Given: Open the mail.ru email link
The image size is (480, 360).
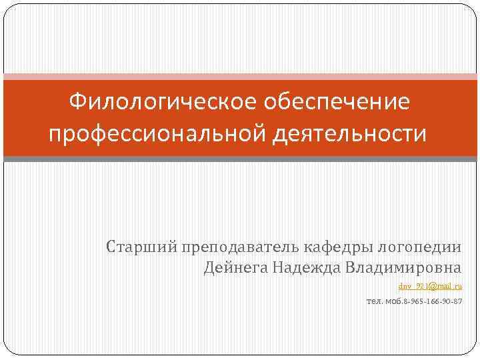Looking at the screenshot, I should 430,286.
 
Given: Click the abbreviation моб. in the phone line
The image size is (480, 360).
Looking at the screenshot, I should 395,302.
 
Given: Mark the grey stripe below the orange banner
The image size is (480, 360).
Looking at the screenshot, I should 240,159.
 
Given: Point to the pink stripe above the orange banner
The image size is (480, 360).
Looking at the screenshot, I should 240,76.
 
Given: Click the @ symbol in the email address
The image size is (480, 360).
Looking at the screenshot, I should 432,286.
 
